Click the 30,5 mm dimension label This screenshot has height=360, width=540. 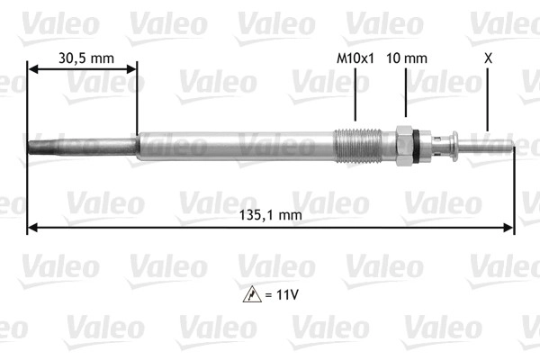click(x=86, y=58)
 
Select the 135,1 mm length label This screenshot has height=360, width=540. click(x=271, y=215)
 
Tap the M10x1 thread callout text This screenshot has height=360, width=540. click(x=355, y=58)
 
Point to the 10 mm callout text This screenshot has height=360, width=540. click(x=407, y=58)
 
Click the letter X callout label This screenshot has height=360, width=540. click(x=488, y=58)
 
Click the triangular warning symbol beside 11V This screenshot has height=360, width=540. click(x=252, y=294)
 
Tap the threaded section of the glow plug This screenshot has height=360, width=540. click(x=357, y=146)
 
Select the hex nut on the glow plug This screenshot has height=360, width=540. click(x=404, y=146)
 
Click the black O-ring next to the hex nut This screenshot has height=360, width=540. click(x=417, y=146)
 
